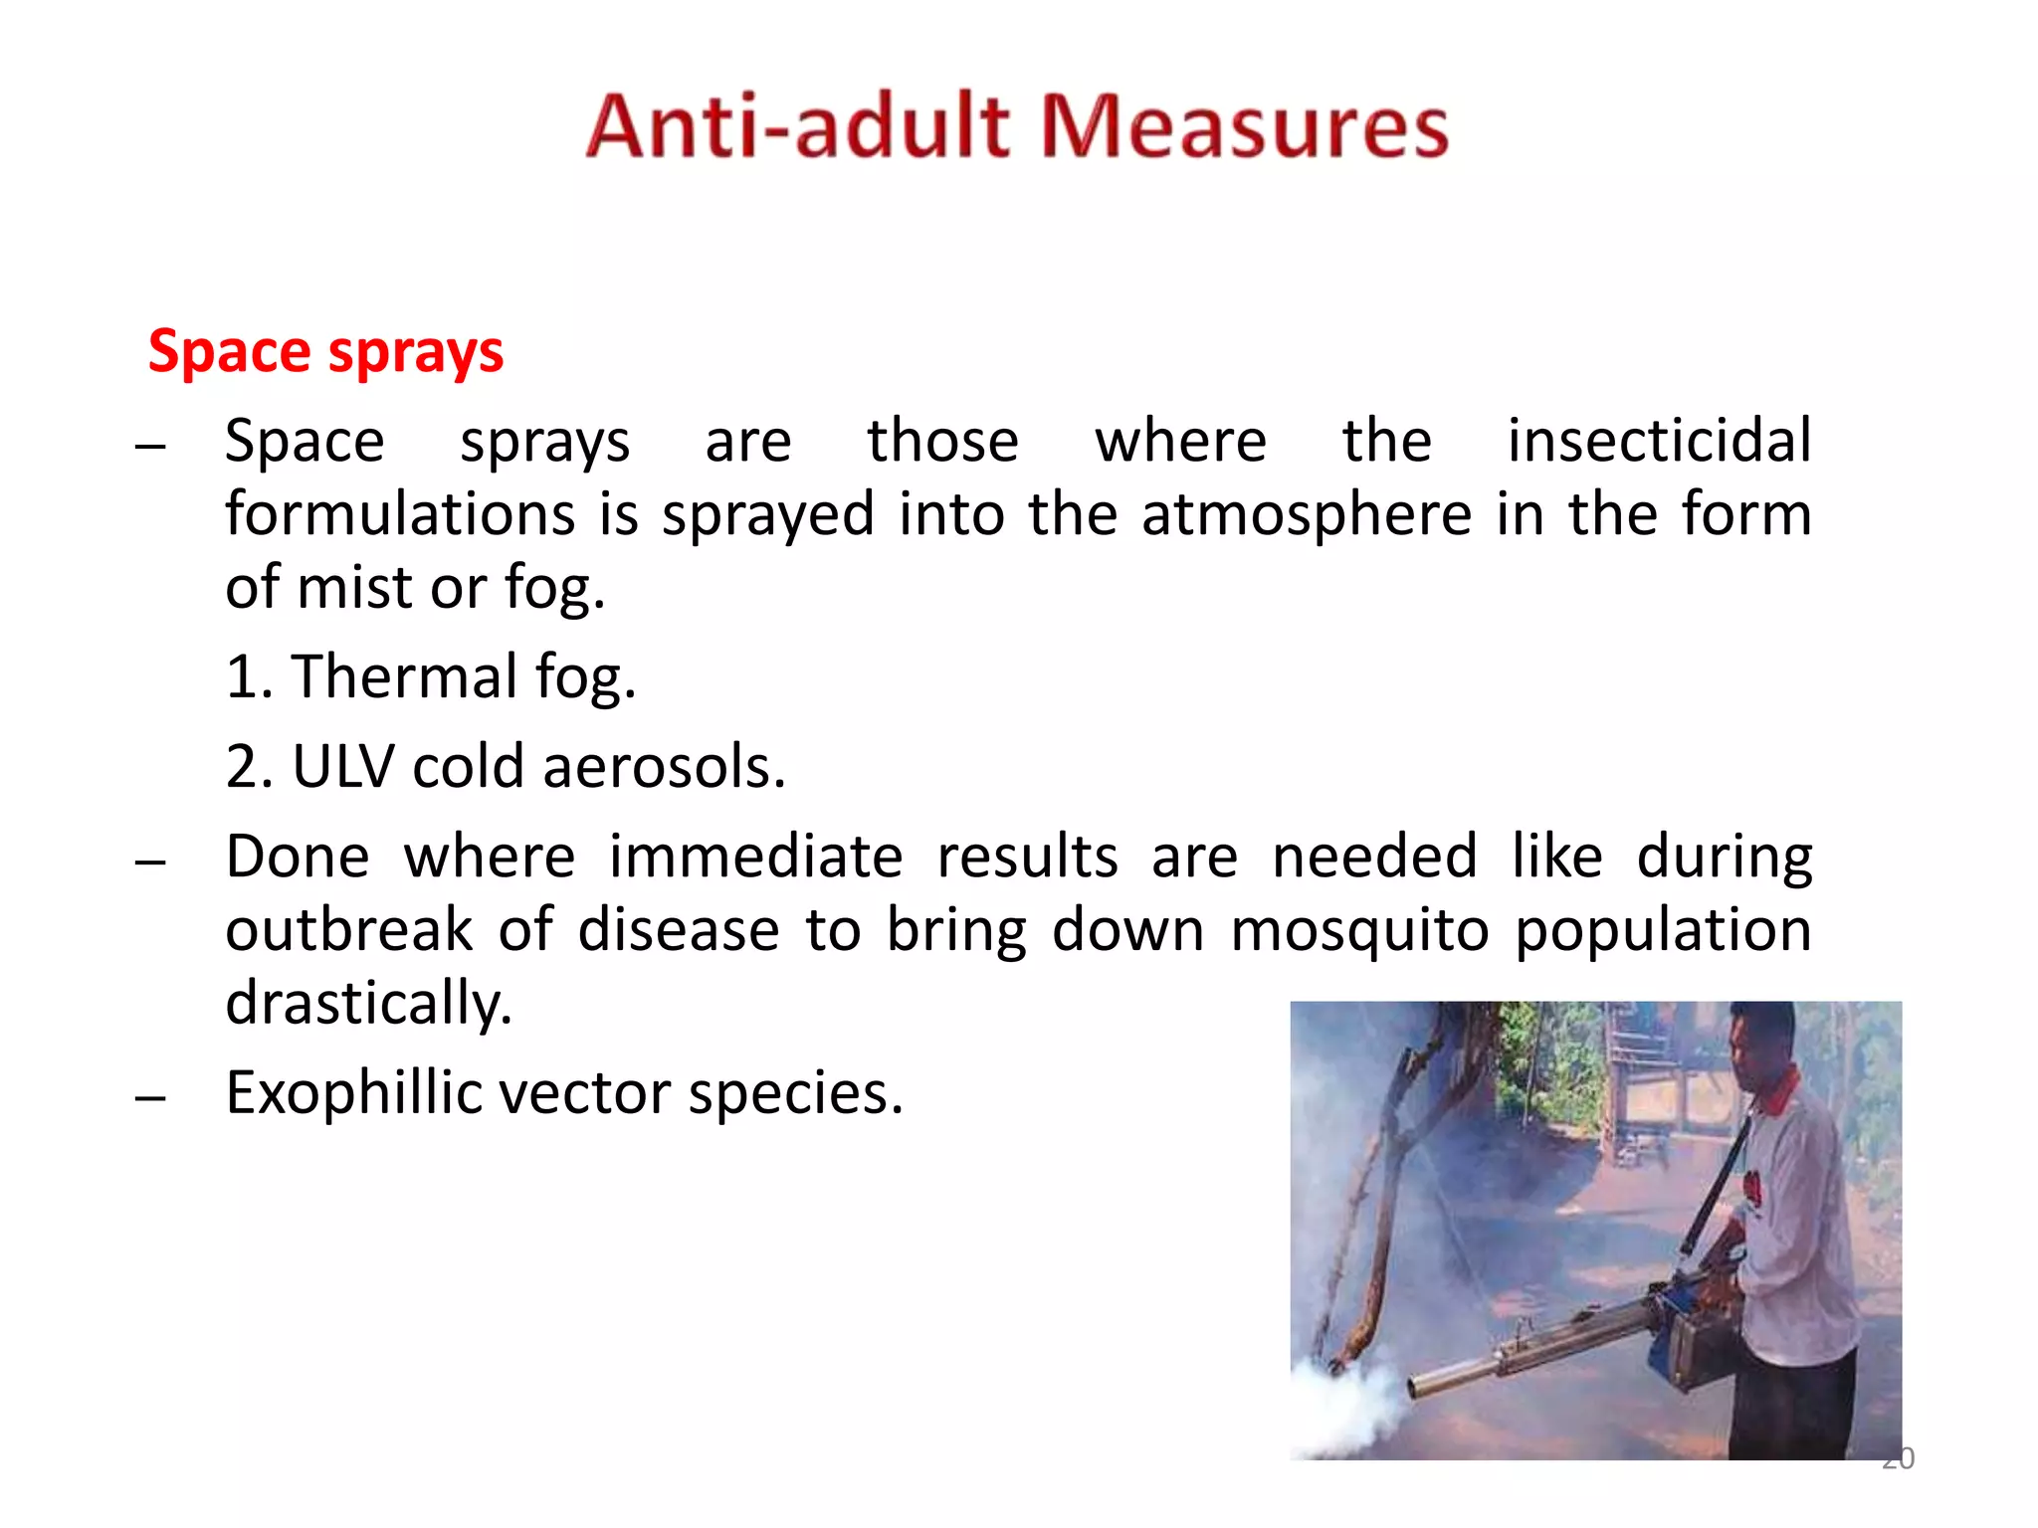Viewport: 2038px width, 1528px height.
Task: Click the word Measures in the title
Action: coord(1244,127)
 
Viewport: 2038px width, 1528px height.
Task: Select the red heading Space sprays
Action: coord(325,352)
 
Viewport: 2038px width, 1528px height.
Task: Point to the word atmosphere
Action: coord(1307,515)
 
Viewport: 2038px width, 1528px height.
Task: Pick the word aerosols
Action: coord(664,767)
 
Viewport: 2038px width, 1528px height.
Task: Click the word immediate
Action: coord(755,857)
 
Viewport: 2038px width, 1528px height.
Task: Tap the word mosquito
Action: coord(1359,930)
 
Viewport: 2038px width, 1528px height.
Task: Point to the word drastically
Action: coord(369,1004)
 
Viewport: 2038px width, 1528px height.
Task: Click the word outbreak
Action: coord(349,930)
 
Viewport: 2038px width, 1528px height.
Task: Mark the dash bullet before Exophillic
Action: coord(150,1098)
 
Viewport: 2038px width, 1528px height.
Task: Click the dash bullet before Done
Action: coord(150,861)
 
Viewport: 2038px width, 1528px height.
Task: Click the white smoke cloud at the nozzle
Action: coord(1343,1413)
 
